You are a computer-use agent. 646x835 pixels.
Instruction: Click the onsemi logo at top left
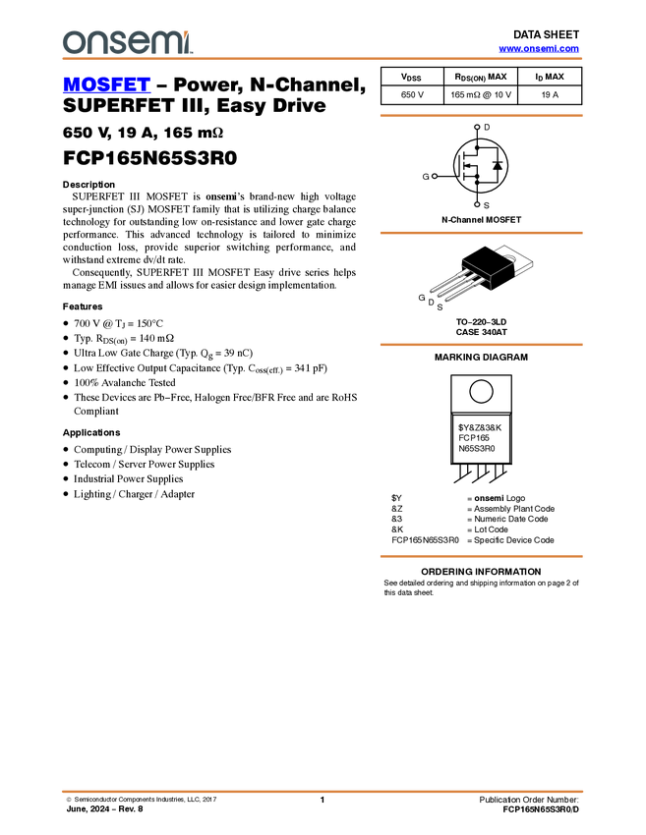(127, 42)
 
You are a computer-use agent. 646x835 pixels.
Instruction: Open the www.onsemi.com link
(539, 48)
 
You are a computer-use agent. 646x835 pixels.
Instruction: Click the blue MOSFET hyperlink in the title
(106, 84)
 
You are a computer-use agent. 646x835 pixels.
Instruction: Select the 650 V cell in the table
(412, 94)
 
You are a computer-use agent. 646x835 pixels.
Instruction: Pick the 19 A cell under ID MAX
(550, 94)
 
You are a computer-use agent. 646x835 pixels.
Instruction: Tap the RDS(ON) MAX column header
(480, 77)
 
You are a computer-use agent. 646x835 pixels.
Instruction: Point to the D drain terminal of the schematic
(477, 128)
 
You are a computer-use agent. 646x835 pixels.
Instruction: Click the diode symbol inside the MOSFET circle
(498, 165)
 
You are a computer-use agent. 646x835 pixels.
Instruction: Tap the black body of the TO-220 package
(489, 265)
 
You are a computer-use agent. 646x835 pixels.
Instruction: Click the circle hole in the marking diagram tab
(481, 392)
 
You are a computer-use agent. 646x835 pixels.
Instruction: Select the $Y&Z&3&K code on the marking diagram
(480, 427)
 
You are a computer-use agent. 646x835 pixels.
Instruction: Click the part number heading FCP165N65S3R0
(149, 158)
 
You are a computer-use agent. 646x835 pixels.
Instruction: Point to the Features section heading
(83, 306)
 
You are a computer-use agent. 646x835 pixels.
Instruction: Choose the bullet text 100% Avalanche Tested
(125, 382)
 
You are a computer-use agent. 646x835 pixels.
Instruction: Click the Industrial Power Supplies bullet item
(129, 478)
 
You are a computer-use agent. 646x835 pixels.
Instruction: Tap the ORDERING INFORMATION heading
(481, 572)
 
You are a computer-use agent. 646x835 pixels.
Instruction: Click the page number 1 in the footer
(322, 800)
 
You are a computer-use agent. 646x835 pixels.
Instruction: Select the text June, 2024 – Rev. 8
(104, 808)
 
